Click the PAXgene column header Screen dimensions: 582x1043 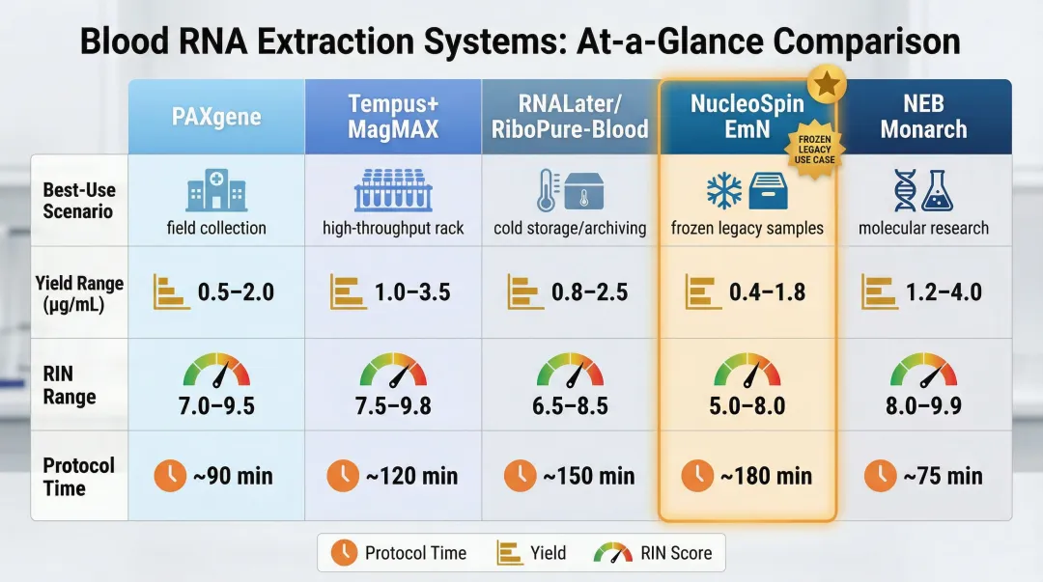(216, 117)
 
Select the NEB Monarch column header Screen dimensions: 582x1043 (923, 117)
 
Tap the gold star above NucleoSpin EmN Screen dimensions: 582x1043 (826, 86)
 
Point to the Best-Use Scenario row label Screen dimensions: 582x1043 (78, 200)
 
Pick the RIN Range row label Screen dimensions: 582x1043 (70, 385)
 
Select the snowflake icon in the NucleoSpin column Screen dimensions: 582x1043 (724, 190)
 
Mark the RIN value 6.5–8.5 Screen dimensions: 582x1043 (570, 405)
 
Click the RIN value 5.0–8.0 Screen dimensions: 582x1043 (747, 405)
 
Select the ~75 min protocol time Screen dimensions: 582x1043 (943, 476)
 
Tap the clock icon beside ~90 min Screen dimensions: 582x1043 (171, 475)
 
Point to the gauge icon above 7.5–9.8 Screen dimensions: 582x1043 (393, 371)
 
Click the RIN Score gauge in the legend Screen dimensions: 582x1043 (612, 553)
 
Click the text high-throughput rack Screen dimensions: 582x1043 (393, 229)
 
